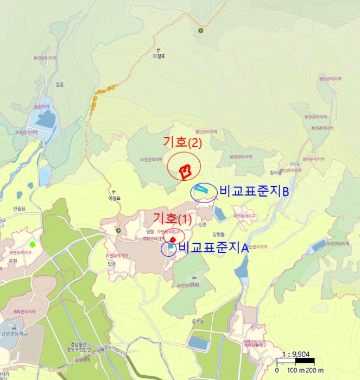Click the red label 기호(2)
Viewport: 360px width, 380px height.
[x=182, y=143]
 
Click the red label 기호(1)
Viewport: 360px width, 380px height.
[x=172, y=218]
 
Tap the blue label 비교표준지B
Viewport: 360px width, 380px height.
[x=254, y=192]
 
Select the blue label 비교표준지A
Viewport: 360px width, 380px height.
[x=213, y=249]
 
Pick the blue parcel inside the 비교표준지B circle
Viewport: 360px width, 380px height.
[x=201, y=189]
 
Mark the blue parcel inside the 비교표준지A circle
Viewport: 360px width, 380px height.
[x=170, y=248]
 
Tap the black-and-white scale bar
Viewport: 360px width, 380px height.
[x=296, y=360]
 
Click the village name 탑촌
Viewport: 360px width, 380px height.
[x=112, y=263]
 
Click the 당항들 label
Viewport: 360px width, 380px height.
[x=218, y=234]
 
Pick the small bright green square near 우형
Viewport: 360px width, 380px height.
[x=33, y=244]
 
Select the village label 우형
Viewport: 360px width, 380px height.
[x=13, y=260]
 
